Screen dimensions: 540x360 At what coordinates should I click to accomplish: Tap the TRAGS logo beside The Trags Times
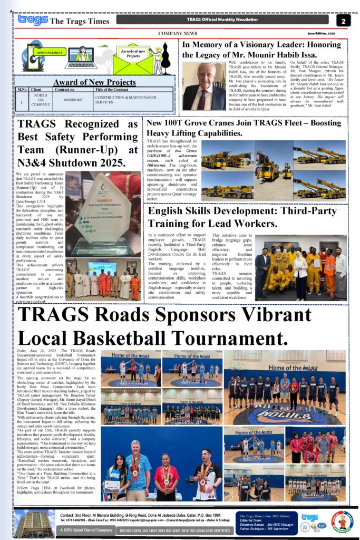click(33, 20)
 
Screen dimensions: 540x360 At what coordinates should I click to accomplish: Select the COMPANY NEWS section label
click(178, 33)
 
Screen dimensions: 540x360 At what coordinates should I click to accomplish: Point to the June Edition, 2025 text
click(322, 33)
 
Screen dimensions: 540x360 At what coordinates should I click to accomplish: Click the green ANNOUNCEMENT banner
click(48, 53)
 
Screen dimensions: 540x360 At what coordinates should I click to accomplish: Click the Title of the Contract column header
click(115, 90)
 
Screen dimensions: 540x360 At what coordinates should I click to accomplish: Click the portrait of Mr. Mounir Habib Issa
click(203, 86)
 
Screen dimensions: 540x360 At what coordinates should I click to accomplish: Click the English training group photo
click(300, 268)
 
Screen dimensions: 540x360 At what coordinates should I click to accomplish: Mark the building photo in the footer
click(35, 523)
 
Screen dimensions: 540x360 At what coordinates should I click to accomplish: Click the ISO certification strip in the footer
click(174, 530)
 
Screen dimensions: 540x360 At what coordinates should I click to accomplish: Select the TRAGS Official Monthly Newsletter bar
click(224, 20)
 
